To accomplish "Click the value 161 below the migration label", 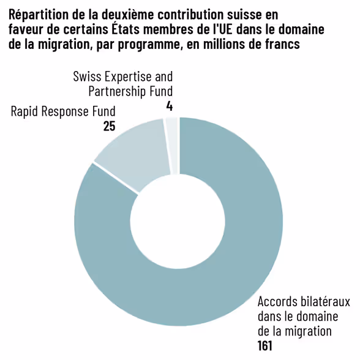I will (x=265, y=345).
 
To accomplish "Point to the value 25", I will (x=109, y=126).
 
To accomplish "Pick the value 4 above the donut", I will (x=169, y=106).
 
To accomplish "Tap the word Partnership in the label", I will (x=114, y=91).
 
